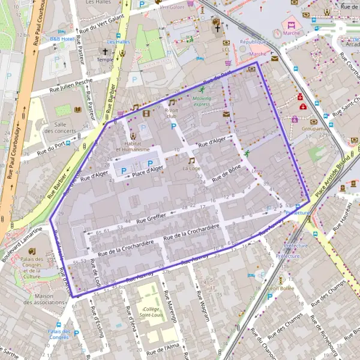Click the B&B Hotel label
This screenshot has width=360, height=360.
coord(61,39)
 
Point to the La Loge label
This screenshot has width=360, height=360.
coord(192,169)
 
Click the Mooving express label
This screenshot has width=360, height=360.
coord(202,100)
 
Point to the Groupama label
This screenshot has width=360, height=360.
coord(314,128)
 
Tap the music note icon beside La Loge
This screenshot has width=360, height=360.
coord(192,160)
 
